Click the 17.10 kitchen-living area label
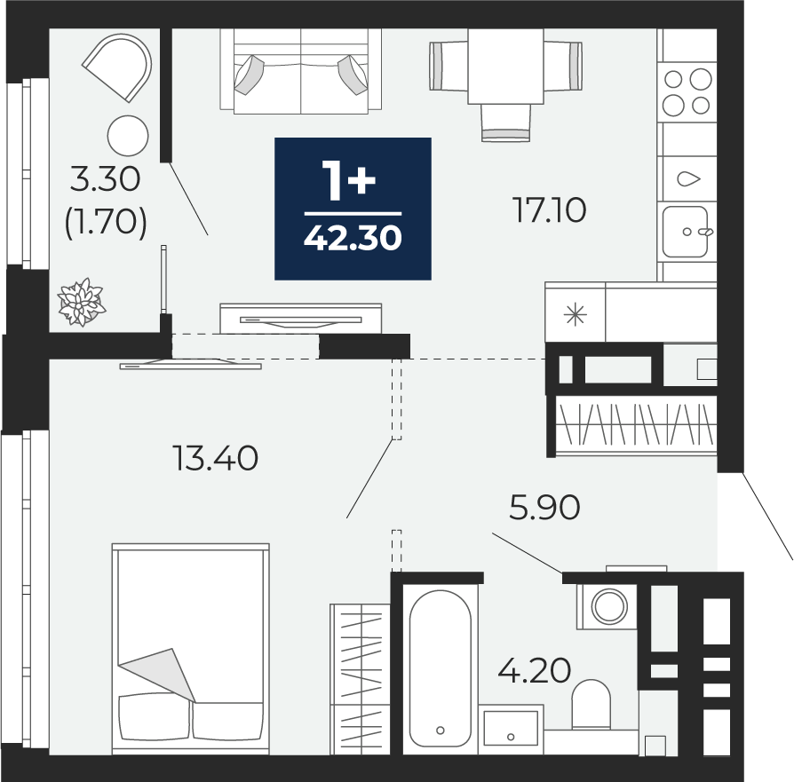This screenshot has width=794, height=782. click(550, 210)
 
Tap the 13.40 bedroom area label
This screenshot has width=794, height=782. click(216, 458)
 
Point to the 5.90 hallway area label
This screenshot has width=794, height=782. click(544, 507)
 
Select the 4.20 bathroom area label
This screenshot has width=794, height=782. click(535, 670)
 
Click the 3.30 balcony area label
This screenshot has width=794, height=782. click(105, 179)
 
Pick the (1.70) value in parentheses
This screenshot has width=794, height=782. click(106, 223)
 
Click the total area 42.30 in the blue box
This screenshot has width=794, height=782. click(353, 237)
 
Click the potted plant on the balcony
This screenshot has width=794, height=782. click(82, 302)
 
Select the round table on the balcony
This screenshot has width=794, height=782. click(128, 136)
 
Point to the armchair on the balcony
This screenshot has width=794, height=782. click(118, 67)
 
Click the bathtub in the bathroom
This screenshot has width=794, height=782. click(440, 668)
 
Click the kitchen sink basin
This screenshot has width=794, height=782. click(685, 232)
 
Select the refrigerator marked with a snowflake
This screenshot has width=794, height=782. click(576, 312)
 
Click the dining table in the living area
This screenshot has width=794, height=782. click(505, 67)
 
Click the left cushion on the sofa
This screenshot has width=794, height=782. click(250, 75)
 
